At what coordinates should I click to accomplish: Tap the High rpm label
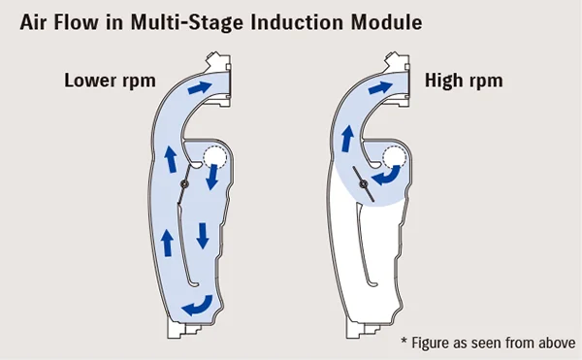pyautogui.click(x=464, y=80)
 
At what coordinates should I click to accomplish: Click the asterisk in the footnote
pyautogui.click(x=405, y=341)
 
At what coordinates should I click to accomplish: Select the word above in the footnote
pyautogui.click(x=553, y=341)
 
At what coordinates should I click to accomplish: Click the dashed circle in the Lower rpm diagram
pyautogui.click(x=213, y=157)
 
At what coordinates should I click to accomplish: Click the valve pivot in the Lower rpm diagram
pyautogui.click(x=184, y=184)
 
